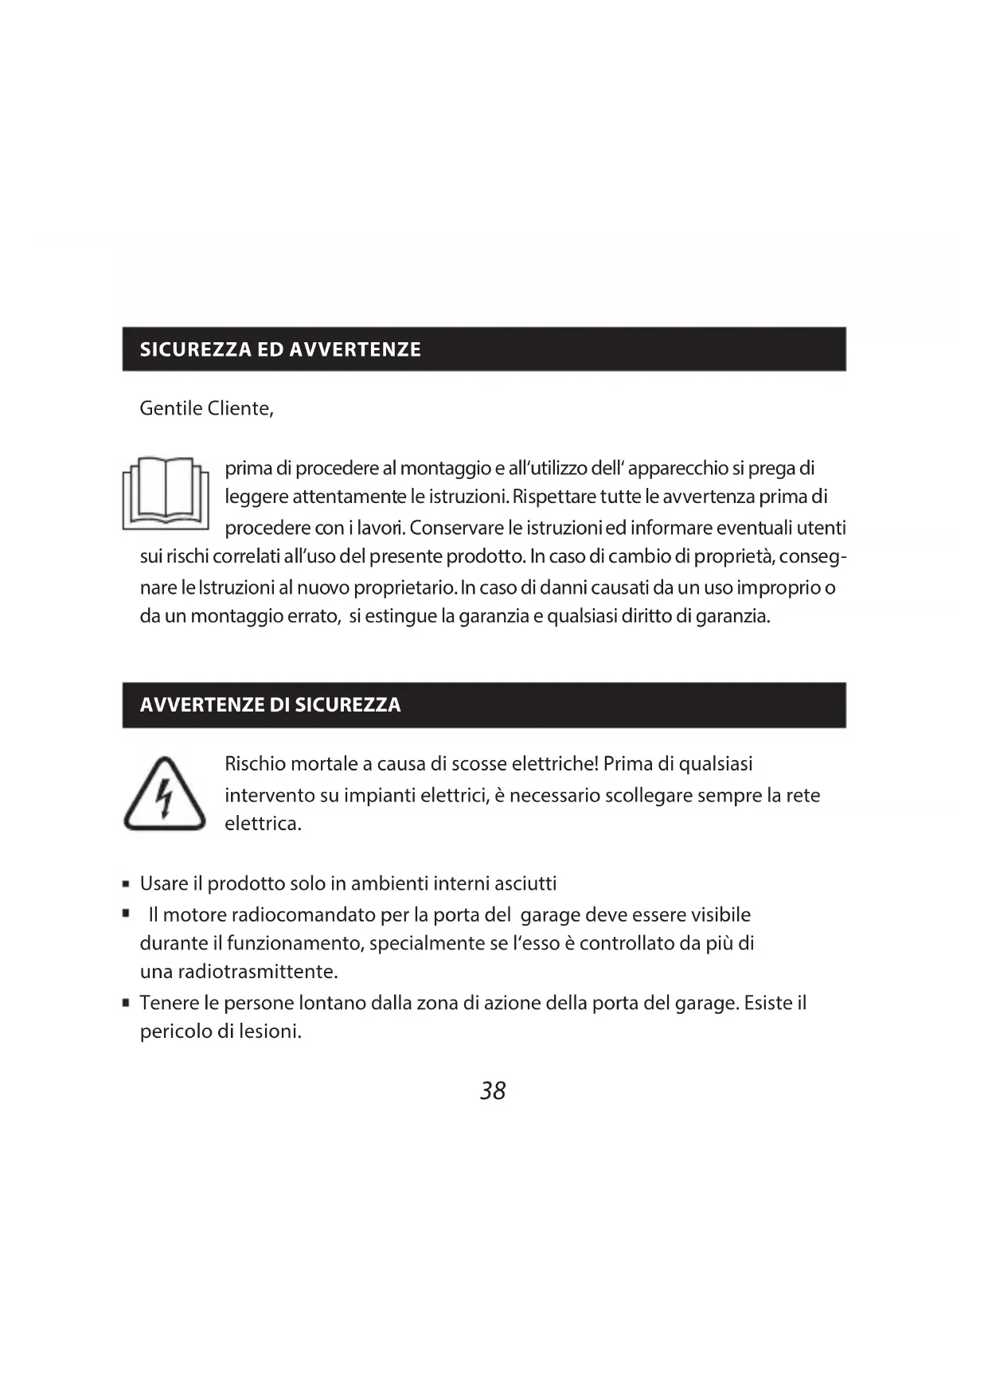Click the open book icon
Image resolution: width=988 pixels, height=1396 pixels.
(166, 493)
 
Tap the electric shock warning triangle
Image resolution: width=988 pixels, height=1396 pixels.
(165, 795)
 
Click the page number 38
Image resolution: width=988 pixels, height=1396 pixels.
(493, 1090)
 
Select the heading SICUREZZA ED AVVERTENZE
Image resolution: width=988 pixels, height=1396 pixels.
(280, 349)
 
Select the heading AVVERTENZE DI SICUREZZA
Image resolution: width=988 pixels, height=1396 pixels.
(270, 704)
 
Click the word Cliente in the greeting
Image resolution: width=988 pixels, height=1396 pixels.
(240, 408)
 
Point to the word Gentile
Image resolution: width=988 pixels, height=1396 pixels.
(170, 408)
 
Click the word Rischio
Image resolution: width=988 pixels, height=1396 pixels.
(255, 764)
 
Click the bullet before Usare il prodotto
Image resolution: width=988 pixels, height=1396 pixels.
(127, 884)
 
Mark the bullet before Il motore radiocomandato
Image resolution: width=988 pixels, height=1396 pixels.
(127, 914)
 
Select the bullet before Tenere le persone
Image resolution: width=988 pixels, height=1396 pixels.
(127, 1003)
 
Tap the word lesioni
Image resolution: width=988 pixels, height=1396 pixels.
(270, 1031)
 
